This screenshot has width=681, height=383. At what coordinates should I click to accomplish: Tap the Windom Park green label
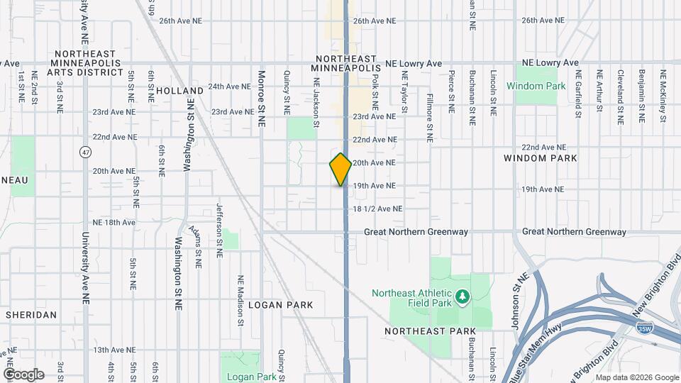coord(536,87)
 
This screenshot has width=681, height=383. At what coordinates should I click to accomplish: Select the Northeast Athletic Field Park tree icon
coord(462,295)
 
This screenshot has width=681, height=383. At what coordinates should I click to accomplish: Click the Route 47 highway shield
coord(85,152)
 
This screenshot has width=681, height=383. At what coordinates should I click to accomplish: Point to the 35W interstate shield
coord(644,329)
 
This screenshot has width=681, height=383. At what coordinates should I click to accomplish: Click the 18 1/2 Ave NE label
coord(377,209)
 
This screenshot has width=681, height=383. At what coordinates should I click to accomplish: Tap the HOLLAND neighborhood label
coord(175,91)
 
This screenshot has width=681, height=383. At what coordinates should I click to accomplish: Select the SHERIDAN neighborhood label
coord(31,314)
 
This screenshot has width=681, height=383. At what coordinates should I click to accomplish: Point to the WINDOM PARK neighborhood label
coord(540,157)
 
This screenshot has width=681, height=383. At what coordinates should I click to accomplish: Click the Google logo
coord(23,374)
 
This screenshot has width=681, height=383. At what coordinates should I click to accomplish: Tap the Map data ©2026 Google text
coord(637,377)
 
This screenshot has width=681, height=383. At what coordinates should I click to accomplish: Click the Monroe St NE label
coord(262,98)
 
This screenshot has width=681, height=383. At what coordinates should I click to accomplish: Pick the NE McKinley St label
coord(663,96)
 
